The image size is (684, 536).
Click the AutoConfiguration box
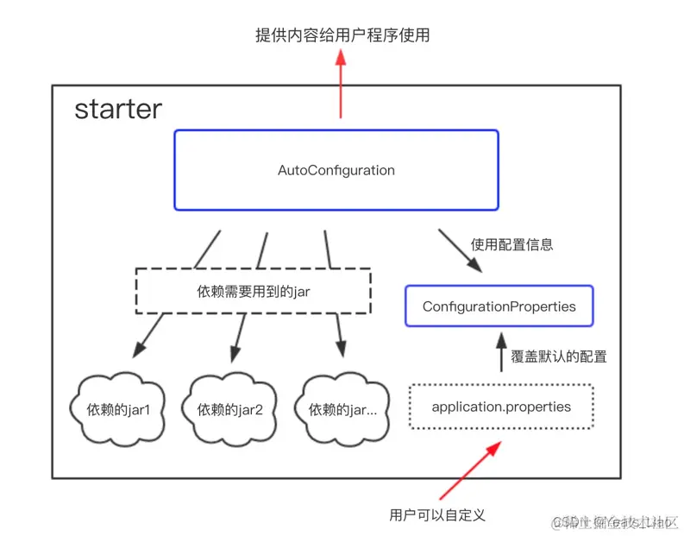tap(336, 170)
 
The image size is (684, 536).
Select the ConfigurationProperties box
tap(499, 306)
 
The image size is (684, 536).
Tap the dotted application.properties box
tap(500, 407)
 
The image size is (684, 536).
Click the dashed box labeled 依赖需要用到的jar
tap(253, 292)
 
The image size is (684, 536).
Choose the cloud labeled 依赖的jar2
tap(229, 409)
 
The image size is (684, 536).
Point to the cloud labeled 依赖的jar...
tap(342, 409)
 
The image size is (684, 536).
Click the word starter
tap(117, 110)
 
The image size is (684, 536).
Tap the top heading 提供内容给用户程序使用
tap(342, 35)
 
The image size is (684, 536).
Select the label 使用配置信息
tap(511, 244)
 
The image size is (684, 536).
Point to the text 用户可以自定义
tap(437, 515)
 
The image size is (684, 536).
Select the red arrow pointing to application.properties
tap(470, 470)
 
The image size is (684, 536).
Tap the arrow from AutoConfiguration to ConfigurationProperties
tap(461, 251)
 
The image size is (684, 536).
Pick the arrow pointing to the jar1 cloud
tap(148, 337)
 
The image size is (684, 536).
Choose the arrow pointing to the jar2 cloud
tap(238, 337)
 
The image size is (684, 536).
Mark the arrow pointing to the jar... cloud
tap(339, 337)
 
